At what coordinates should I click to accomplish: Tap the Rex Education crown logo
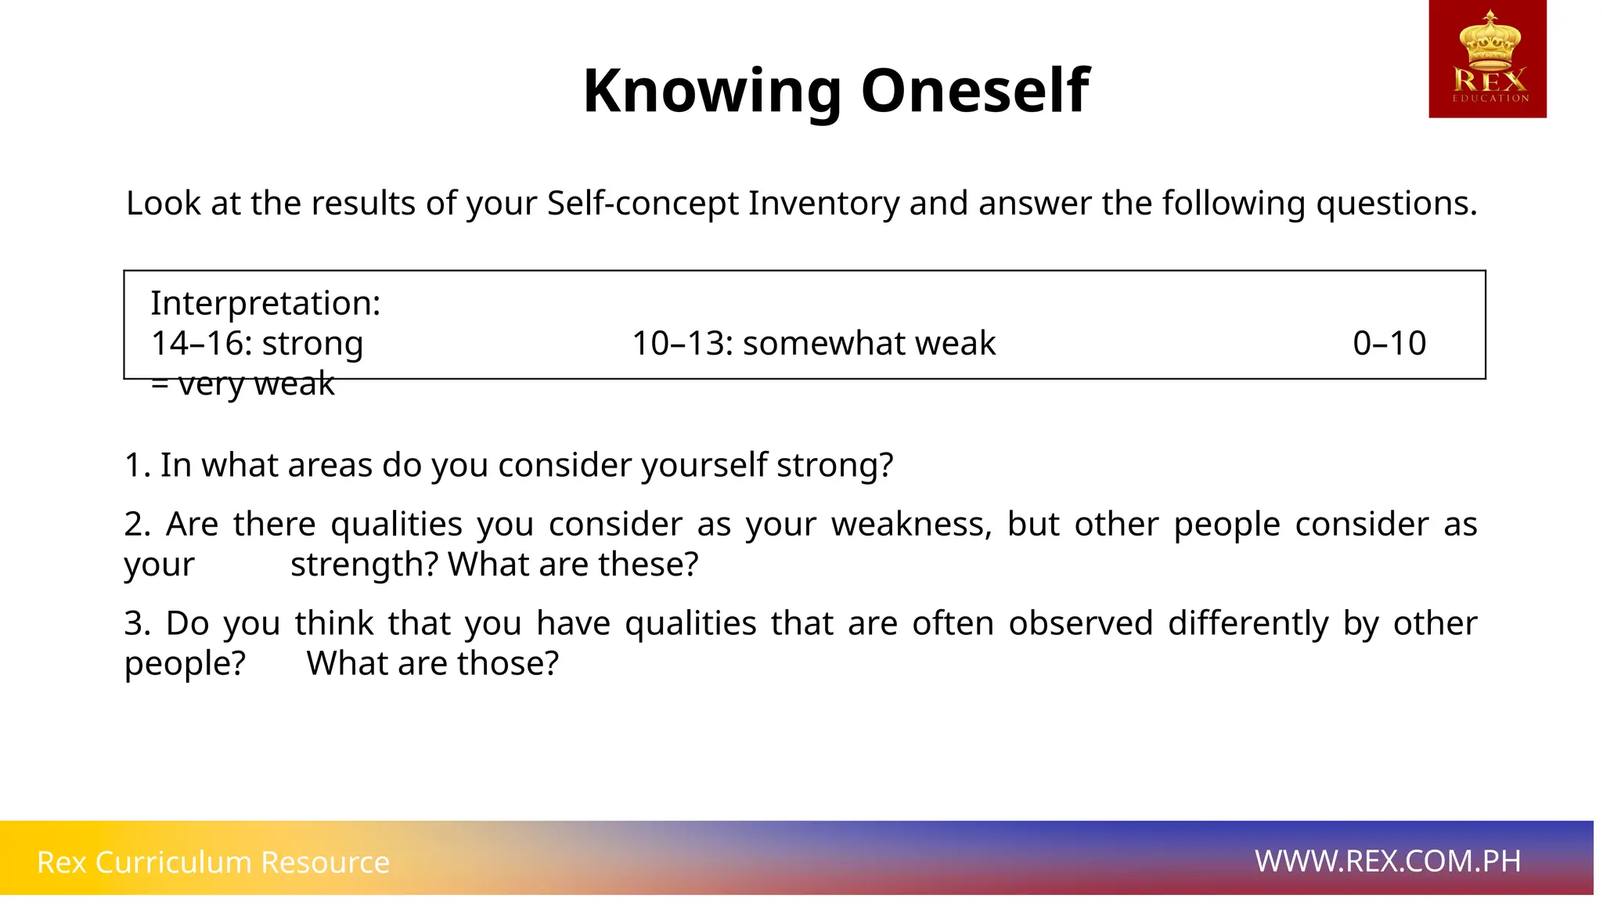[x=1487, y=59]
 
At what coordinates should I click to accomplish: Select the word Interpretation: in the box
[x=265, y=303]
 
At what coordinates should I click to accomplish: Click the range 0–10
[x=1389, y=344]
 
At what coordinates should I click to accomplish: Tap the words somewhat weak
[x=869, y=344]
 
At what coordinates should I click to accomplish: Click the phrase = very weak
[x=243, y=384]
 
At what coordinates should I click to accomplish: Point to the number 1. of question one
[x=137, y=466]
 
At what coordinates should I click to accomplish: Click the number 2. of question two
[x=137, y=525]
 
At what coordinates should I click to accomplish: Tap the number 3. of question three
[x=137, y=624]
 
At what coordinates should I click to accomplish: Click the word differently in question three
[x=1248, y=624]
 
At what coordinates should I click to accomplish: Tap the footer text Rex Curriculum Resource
[x=213, y=862]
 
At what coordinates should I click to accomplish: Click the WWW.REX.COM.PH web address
[x=1388, y=861]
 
